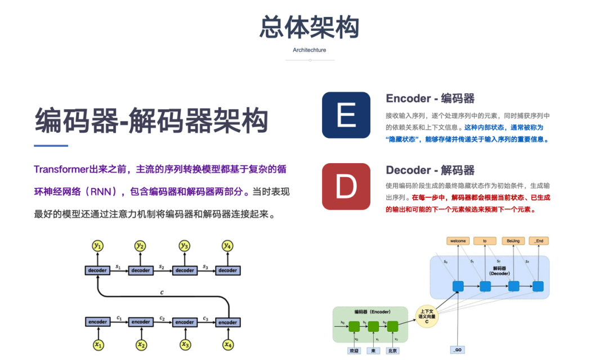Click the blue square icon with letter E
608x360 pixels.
[x=346, y=115]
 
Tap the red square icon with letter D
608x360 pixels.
[x=346, y=186]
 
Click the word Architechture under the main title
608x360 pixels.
[x=309, y=50]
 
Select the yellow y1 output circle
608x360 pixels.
[x=98, y=245]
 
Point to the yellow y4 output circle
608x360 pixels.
[x=227, y=245]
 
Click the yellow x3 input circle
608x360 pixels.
[x=185, y=344]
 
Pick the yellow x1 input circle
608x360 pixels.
[x=98, y=344]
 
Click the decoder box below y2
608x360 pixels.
[x=141, y=271]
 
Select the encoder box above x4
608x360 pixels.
[x=227, y=322]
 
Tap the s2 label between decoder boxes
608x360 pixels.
[x=162, y=266]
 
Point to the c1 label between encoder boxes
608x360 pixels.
[x=119, y=318]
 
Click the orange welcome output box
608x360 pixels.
[x=458, y=241]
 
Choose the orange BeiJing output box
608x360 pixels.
[x=513, y=241]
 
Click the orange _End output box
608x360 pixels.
[x=539, y=241]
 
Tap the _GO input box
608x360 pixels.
[x=458, y=350]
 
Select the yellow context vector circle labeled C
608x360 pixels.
[x=426, y=317]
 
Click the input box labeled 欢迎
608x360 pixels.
[x=354, y=350]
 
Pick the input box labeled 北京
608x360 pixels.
[x=393, y=350]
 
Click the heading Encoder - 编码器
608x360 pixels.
[x=430, y=98]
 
